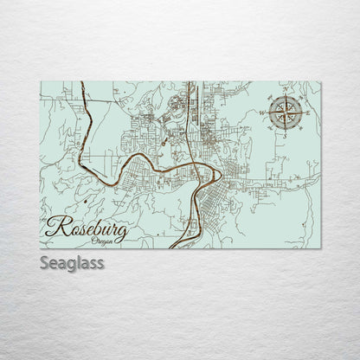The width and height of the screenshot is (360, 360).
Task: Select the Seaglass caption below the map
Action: click(72, 262)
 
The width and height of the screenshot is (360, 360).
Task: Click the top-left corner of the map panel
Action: click(41, 81)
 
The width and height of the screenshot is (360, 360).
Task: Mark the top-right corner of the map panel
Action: click(320, 81)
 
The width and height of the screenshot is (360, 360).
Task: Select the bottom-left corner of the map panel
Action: click(41, 249)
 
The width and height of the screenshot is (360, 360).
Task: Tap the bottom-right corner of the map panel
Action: click(320, 249)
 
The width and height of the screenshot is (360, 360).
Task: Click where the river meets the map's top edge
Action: click(80, 82)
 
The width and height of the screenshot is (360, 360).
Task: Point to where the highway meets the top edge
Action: click(189, 82)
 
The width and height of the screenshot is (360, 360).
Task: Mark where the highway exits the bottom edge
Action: click(173, 248)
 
